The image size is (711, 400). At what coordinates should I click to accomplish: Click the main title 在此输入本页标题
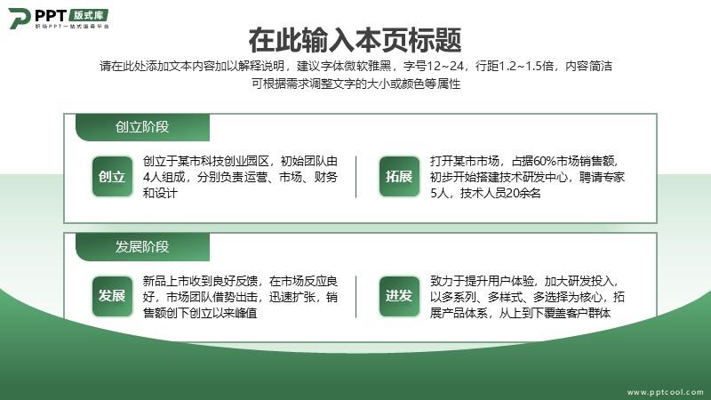[x=355, y=40]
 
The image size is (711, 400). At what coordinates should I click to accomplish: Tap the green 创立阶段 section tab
[x=142, y=127]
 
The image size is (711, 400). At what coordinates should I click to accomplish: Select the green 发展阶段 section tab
[x=142, y=247]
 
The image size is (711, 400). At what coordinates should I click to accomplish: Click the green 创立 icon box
[x=112, y=176]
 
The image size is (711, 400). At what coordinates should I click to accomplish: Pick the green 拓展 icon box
[x=399, y=176]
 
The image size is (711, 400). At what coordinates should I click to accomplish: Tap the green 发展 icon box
[x=112, y=296]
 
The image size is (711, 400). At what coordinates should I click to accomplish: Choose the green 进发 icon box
[x=399, y=296]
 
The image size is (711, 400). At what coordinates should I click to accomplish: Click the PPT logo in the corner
[x=59, y=18]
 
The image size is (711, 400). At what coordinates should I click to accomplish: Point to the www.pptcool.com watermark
[x=665, y=392]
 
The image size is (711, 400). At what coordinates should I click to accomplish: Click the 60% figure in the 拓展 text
[x=544, y=161]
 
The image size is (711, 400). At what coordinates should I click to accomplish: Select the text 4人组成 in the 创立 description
[x=164, y=177]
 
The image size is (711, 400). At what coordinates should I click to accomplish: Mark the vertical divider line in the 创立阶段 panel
[x=356, y=177]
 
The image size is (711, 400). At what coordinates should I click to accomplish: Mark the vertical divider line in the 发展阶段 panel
[x=356, y=297]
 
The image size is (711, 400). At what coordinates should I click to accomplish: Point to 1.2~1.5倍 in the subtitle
[x=526, y=66]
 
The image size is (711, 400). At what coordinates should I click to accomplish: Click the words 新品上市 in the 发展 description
[x=166, y=281]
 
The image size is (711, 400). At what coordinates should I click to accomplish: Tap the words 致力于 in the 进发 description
[x=448, y=281]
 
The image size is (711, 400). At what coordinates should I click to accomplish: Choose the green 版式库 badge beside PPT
[x=89, y=15]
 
